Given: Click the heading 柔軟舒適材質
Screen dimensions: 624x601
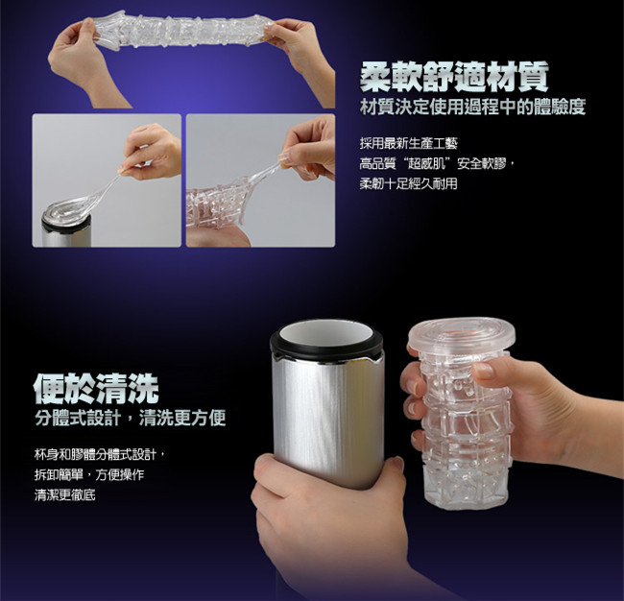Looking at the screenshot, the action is point(454,77).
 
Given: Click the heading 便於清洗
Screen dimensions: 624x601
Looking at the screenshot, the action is point(96,389).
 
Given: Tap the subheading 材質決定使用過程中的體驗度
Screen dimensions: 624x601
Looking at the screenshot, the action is point(472,108).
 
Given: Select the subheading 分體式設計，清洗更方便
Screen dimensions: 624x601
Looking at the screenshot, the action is point(131,419).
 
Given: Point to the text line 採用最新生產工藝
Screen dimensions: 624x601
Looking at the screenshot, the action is point(409,143).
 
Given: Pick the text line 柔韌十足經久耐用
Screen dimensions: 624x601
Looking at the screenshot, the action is point(409,184).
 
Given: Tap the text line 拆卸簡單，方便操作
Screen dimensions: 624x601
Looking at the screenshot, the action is point(89,475).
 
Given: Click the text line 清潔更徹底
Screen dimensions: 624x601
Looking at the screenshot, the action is point(65,495).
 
